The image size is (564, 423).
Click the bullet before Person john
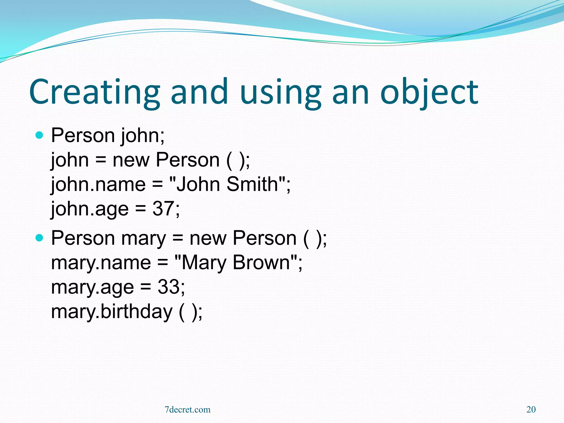pyautogui.click(x=40, y=135)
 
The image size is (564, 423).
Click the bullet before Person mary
pyautogui.click(x=40, y=238)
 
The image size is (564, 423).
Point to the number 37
pyautogui.click(x=163, y=208)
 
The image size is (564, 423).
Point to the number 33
pyautogui.click(x=168, y=287)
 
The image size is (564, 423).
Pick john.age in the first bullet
pyautogui.click(x=90, y=209)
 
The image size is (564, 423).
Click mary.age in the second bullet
pyautogui.click(x=93, y=287)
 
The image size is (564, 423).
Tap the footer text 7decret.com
pyautogui.click(x=188, y=410)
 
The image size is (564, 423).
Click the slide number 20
pyautogui.click(x=531, y=410)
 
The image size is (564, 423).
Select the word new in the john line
pyautogui.click(x=131, y=160)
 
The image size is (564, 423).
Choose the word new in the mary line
pyautogui.click(x=208, y=238)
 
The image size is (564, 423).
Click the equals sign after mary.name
pyautogui.click(x=162, y=262)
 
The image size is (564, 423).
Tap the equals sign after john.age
pyautogui.click(x=140, y=209)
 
